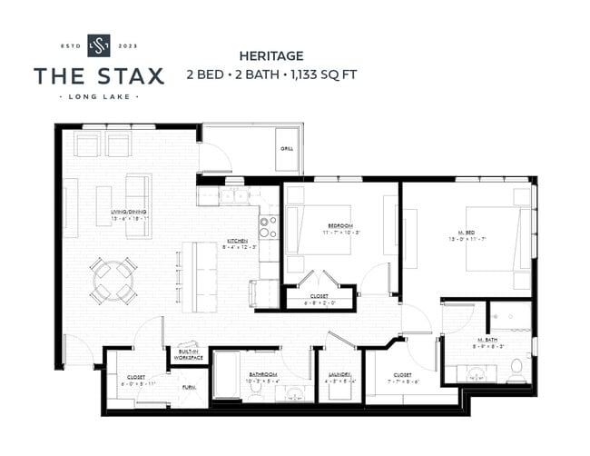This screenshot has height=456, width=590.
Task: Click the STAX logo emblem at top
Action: point(98,45)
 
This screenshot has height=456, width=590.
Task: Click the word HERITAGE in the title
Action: point(270,55)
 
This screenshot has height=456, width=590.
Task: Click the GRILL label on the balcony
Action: point(286,149)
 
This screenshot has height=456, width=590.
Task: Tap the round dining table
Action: point(113,280)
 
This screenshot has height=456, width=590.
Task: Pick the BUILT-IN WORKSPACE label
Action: point(188,353)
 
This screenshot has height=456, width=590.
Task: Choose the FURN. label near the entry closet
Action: point(189,387)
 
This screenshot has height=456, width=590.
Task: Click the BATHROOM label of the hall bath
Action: point(263,374)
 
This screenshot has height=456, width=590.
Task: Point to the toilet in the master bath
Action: point(516,367)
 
